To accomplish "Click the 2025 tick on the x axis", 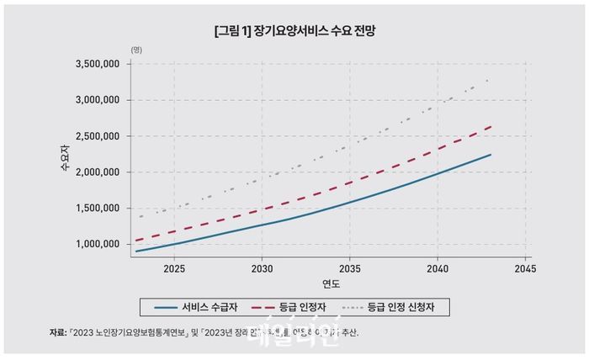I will point(174,270).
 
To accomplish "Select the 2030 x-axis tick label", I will point(262,270).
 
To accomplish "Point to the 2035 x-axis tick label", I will point(349,270).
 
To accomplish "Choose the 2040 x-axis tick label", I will point(438,270).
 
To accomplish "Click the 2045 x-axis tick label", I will point(525,270).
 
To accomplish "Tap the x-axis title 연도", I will point(330,283).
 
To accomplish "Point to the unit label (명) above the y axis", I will point(136,50).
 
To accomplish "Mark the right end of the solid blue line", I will point(491,155).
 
